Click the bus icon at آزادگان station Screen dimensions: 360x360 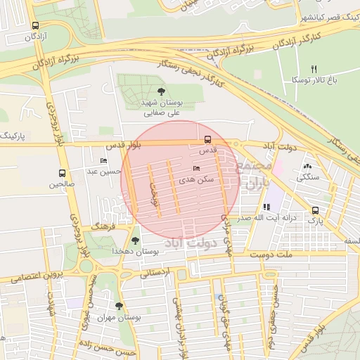[x=35, y=25]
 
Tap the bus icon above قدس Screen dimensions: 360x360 [x=207, y=139]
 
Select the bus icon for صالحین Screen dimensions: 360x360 [x=62, y=173]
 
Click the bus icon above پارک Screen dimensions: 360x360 [x=314, y=210]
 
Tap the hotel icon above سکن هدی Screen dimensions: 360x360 [x=196, y=168]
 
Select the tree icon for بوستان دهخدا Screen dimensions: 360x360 [x=135, y=240]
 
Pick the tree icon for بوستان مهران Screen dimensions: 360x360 [x=118, y=306]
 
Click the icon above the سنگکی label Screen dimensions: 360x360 [x=307, y=167]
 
